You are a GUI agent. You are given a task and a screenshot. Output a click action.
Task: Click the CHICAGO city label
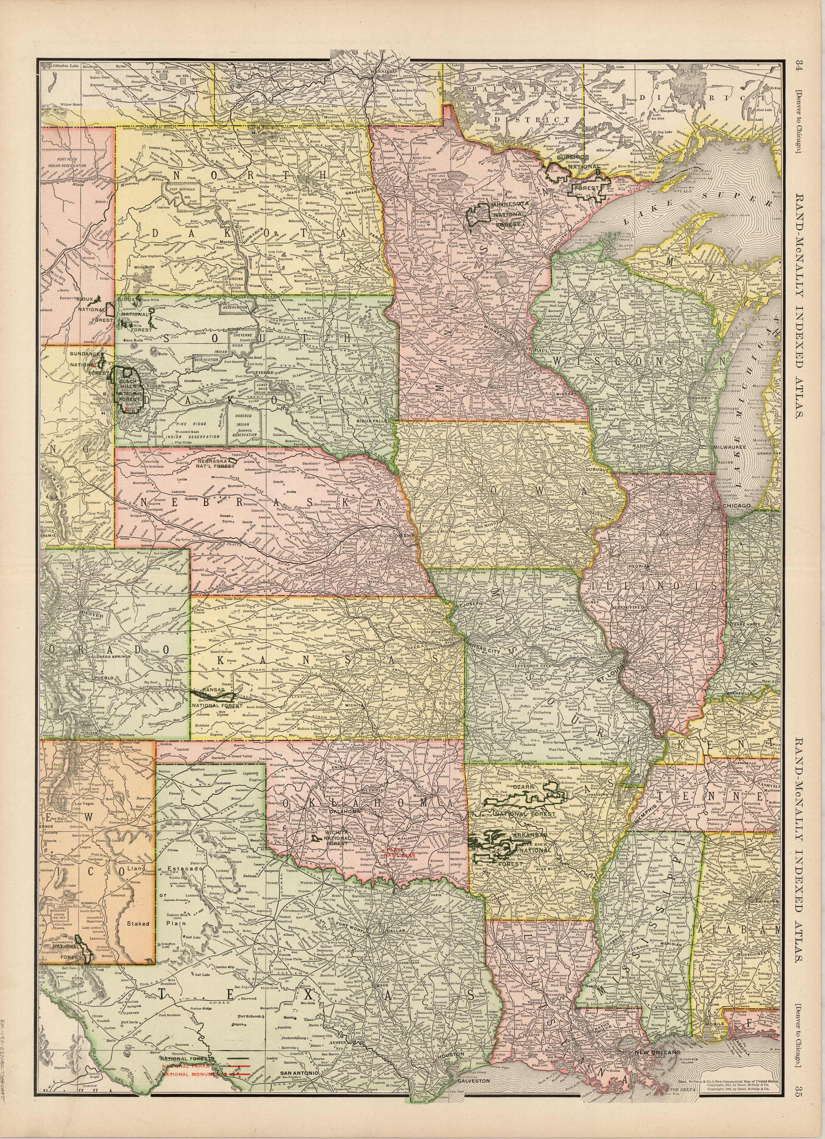[737, 505]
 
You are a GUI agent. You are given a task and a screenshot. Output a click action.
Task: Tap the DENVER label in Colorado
[95, 614]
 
